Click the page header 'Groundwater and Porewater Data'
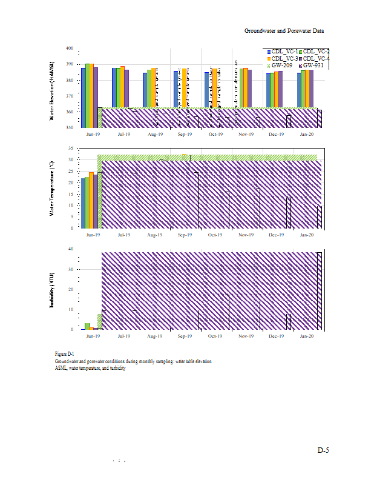tap(289, 30)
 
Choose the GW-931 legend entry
tap(313, 64)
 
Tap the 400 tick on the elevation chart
tap(69, 48)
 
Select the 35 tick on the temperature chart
tap(71, 148)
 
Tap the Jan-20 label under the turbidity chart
tap(307, 335)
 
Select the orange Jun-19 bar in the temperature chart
tap(91, 200)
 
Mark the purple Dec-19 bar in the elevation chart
tap(280, 91)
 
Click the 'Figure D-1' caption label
tap(64, 353)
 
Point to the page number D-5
tap(323, 450)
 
